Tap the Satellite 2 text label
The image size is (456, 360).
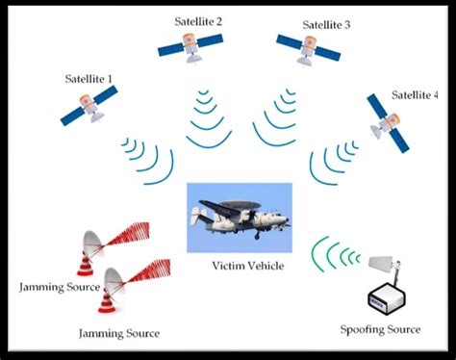click(x=199, y=21)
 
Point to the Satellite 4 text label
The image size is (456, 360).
click(x=416, y=95)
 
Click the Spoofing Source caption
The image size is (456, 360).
click(x=380, y=329)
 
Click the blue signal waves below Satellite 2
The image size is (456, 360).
click(x=206, y=120)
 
